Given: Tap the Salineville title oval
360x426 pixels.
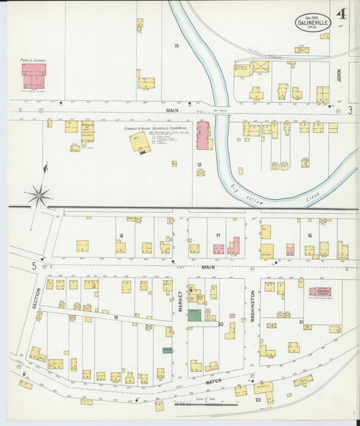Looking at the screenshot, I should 313,22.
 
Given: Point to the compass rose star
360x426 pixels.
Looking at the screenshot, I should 39,196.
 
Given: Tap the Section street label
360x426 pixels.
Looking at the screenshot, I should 36,298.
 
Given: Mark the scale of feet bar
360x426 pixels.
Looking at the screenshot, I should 197,404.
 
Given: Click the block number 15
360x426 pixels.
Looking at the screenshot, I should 176,46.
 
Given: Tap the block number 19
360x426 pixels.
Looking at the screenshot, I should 115,317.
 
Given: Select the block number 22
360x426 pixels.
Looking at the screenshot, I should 257,400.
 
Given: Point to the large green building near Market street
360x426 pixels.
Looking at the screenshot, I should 194,315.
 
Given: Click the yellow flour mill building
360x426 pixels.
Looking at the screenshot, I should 140,142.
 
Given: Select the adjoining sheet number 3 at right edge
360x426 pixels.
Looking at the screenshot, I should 351,109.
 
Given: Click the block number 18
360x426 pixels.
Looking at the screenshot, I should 121,236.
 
